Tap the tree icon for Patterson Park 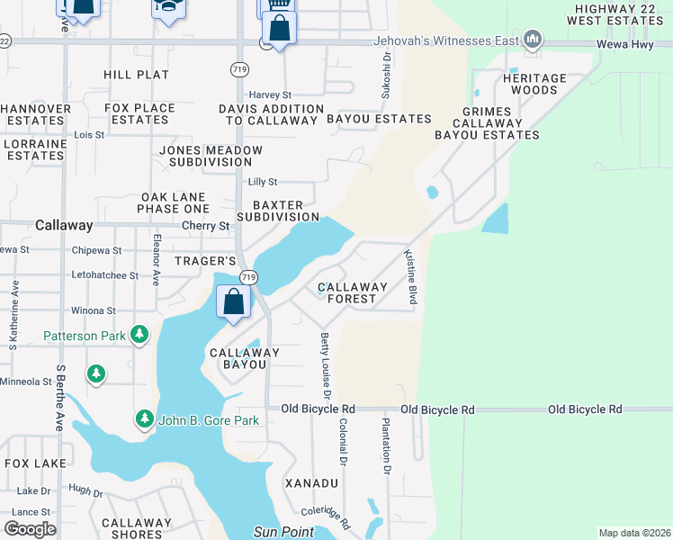pyautogui.click(x=139, y=336)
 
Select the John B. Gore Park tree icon pyautogui.click(x=144, y=419)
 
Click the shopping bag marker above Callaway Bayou pyautogui.click(x=234, y=302)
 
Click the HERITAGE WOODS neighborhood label pyautogui.click(x=534, y=85)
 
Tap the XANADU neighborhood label pyautogui.click(x=311, y=483)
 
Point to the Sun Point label pyautogui.click(x=283, y=531)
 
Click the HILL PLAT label pyautogui.click(x=136, y=75)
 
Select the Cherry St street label pyautogui.click(x=205, y=226)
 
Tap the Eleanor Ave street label pyautogui.click(x=156, y=260)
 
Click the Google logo pyautogui.click(x=30, y=528)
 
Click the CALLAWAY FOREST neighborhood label pyautogui.click(x=352, y=294)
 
